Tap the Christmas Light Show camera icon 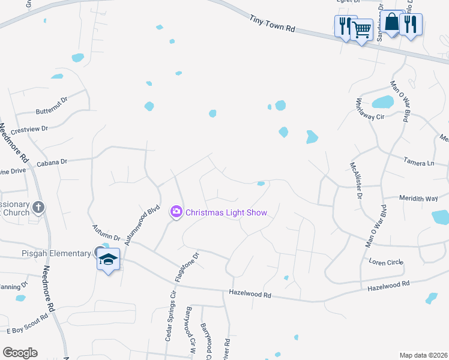(x=176, y=211)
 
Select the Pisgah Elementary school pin (x=109, y=260)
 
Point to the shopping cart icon (x=361, y=28)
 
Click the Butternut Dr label (x=53, y=103)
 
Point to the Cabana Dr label (x=51, y=161)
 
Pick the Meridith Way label (x=419, y=198)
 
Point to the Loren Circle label (x=385, y=262)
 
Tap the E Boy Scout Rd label (x=27, y=324)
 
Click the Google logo (x=20, y=353)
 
